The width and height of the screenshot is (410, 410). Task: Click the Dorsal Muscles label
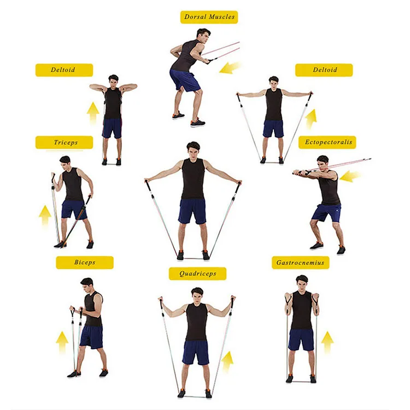(209, 17)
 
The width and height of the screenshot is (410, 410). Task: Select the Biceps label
(85, 262)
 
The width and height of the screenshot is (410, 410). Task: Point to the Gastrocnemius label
(301, 262)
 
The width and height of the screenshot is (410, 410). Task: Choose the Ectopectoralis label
(327, 143)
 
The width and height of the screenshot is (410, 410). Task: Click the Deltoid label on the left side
(64, 70)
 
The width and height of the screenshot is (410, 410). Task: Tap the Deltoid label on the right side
(324, 70)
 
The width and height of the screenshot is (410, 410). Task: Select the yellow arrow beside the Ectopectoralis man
(350, 176)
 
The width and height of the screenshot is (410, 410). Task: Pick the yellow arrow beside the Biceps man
(62, 342)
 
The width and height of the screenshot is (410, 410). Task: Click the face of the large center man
(193, 150)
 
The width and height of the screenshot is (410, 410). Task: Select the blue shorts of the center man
(192, 210)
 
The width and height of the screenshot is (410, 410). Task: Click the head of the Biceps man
(87, 285)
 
